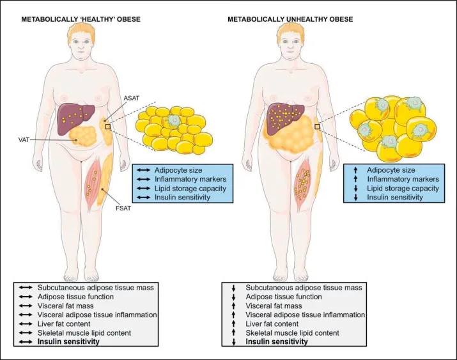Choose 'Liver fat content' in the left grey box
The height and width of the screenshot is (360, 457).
point(83,324)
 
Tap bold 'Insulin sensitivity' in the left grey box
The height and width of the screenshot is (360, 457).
point(84,341)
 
